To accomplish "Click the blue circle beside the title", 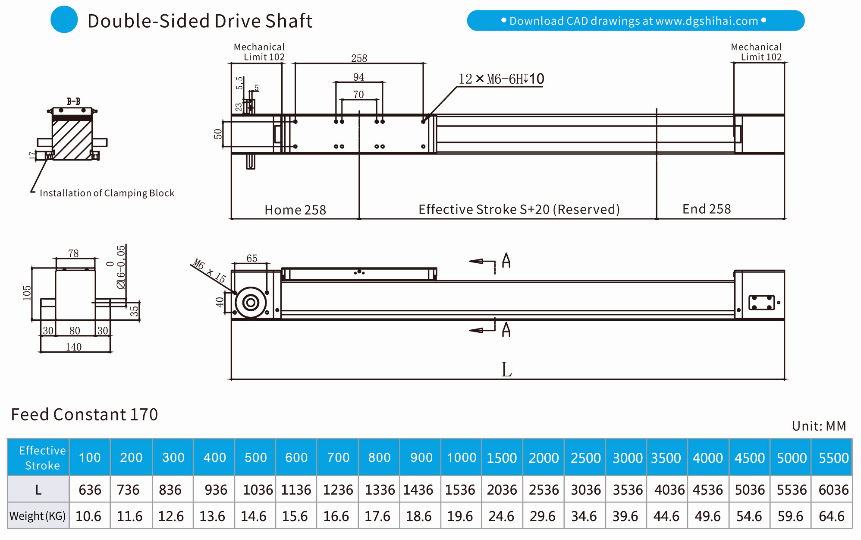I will point(64,20).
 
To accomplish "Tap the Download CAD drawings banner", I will point(635,21).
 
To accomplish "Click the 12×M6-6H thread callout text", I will point(501,79).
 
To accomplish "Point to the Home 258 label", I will point(295,210).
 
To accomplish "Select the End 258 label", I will point(706,209).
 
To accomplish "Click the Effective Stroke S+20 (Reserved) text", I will point(518,209).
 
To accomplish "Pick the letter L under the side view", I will point(506,369).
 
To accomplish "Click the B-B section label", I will point(73,101).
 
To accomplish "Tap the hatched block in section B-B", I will point(72,139).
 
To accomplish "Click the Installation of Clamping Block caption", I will point(107,193).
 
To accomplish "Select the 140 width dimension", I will point(74,347).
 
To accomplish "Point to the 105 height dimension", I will point(27,293).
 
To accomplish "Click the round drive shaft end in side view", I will point(251,302).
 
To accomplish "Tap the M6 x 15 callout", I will point(209,270).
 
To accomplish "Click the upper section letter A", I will point(506,261).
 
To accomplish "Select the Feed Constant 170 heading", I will point(85,414).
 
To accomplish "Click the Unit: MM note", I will point(819,426).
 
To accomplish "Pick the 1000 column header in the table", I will point(461,458).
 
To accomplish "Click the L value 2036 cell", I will point(502,490).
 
